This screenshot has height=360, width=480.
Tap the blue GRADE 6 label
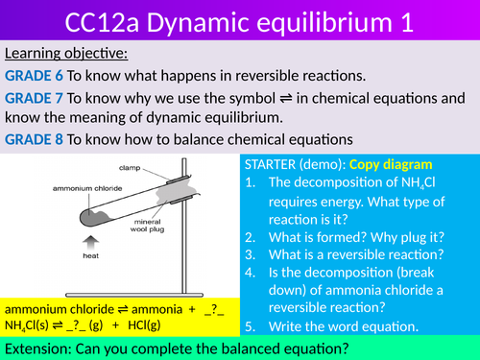coord(34,77)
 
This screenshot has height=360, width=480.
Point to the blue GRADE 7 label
coord(34,99)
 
